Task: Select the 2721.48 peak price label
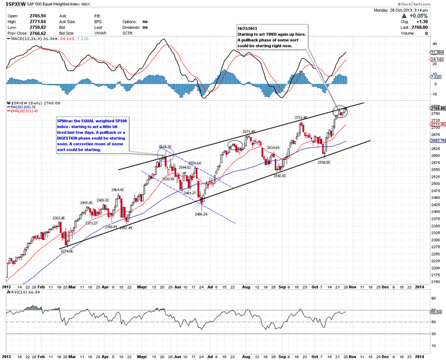[x=300, y=118]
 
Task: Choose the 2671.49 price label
[x=249, y=132]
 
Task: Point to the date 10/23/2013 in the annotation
[x=247, y=29]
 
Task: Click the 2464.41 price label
[x=118, y=190]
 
